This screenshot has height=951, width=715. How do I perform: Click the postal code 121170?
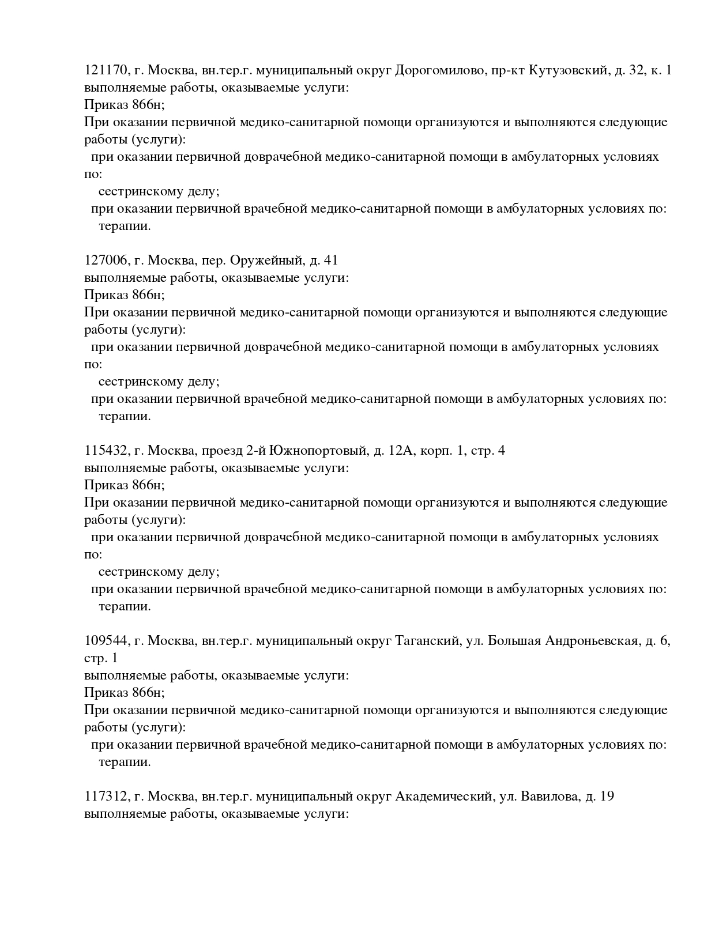tap(106, 70)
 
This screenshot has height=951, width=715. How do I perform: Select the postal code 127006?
tap(106, 261)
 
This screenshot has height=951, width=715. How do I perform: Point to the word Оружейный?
tap(266, 261)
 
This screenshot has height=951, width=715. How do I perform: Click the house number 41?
tap(331, 261)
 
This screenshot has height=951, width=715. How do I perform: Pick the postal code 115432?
tap(106, 451)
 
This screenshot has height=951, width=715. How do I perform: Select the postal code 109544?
tap(106, 641)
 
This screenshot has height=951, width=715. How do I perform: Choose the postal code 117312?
tap(106, 797)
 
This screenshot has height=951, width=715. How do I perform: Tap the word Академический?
tap(443, 797)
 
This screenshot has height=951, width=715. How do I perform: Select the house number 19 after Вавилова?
tap(607, 797)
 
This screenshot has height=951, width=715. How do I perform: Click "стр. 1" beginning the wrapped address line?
tap(101, 658)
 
